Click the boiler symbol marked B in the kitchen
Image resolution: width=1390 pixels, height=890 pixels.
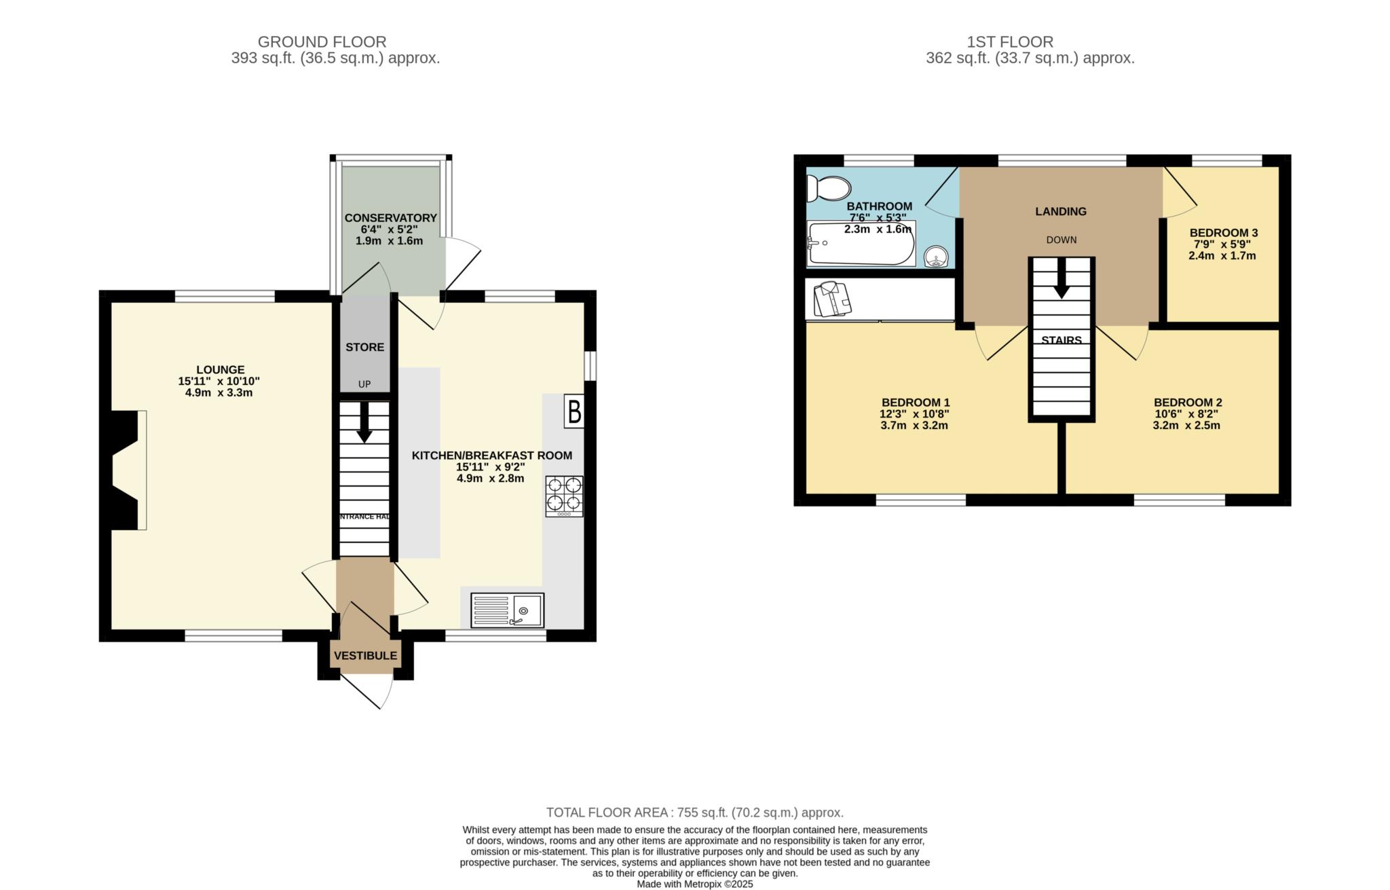click(574, 412)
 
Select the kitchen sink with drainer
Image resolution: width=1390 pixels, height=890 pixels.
click(508, 610)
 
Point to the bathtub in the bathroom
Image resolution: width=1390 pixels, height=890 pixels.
click(860, 243)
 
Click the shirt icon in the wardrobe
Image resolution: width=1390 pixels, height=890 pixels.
click(833, 299)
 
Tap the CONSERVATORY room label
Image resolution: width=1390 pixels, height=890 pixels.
click(390, 218)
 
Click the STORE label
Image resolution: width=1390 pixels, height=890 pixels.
click(364, 347)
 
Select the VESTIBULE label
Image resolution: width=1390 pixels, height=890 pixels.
click(365, 656)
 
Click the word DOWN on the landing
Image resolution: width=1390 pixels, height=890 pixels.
click(1061, 240)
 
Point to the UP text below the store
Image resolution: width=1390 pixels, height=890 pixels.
click(364, 384)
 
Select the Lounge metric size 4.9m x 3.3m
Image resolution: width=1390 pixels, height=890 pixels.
click(219, 392)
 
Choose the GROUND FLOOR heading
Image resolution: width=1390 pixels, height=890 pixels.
click(322, 42)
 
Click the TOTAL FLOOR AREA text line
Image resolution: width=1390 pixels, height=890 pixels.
click(694, 812)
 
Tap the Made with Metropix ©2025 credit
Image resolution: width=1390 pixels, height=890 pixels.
click(694, 884)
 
